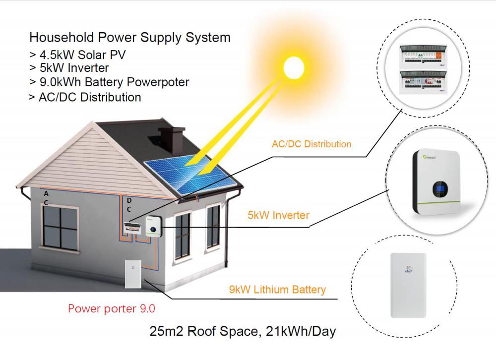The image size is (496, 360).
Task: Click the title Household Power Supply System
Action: click(x=130, y=37)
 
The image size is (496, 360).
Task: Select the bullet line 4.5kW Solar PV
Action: click(x=77, y=55)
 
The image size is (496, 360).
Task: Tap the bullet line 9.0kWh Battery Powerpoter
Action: click(x=109, y=82)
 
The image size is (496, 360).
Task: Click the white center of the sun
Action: click(x=294, y=68)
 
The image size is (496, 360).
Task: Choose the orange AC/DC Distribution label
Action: click(x=311, y=144)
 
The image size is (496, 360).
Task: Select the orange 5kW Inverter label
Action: click(x=278, y=215)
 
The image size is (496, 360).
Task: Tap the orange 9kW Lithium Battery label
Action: click(x=277, y=290)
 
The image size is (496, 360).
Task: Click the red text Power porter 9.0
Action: click(x=111, y=308)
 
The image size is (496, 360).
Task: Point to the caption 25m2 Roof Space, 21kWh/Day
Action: click(x=243, y=332)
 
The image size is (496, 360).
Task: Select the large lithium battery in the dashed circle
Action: click(x=408, y=285)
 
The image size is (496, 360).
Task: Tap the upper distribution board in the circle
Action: click(x=423, y=57)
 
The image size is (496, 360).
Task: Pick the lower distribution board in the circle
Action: click(x=423, y=82)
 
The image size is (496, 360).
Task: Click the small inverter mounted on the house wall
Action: click(x=154, y=226)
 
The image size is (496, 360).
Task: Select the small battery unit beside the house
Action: click(x=133, y=274)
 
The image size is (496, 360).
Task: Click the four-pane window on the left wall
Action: click(x=60, y=227)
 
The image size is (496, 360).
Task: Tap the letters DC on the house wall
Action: click(x=129, y=205)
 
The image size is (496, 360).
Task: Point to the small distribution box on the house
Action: click(x=133, y=228)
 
